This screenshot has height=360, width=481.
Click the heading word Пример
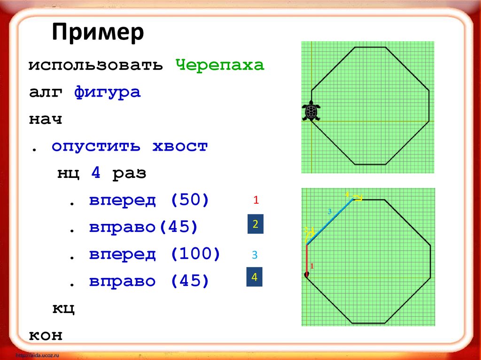click(98, 33)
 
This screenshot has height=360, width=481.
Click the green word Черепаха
click(220, 65)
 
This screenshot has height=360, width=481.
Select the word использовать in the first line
click(95, 65)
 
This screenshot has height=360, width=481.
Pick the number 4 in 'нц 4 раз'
click(96, 173)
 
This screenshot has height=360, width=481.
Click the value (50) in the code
click(190, 200)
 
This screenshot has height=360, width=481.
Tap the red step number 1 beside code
click(256, 200)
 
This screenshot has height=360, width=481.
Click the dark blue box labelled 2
click(256, 225)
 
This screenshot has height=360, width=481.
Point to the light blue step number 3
click(255, 255)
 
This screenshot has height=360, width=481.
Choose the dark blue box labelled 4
click(255, 277)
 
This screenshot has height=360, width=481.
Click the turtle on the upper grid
click(310, 112)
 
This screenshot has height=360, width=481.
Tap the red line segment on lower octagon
click(306, 259)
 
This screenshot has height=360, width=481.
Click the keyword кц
click(63, 309)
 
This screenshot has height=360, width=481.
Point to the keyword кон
click(46, 336)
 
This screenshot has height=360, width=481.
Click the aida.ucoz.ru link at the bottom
click(40, 354)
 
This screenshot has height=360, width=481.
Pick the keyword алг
click(46, 92)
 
